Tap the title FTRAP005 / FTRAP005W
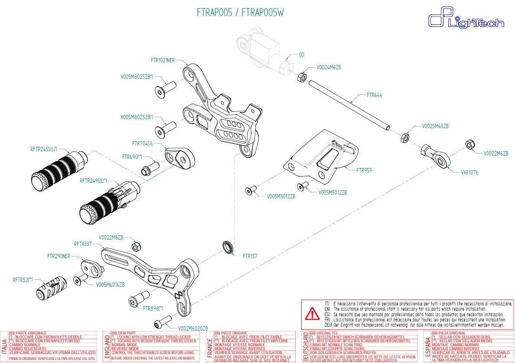tap(240, 13)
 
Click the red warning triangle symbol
tap(311, 313)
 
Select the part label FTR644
tap(375, 95)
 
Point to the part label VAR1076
tap(469, 172)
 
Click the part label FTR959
tap(364, 171)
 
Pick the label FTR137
tap(250, 256)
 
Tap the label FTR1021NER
tap(163, 61)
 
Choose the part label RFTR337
tap(83, 244)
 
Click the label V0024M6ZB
tap(329, 68)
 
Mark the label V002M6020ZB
tap(193, 328)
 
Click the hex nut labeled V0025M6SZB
tap(404, 137)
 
